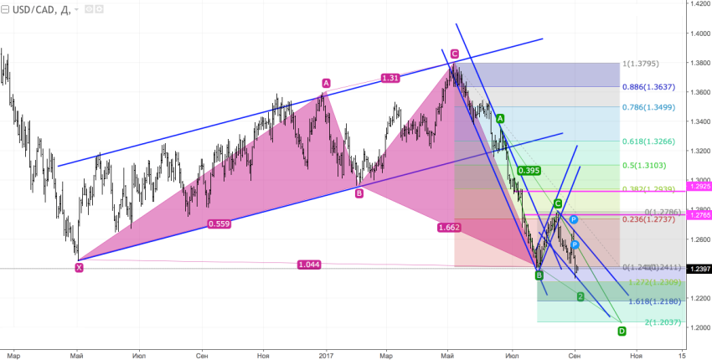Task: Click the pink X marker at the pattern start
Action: coord(79,268)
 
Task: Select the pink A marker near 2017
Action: coord(326,83)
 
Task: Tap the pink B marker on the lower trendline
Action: coord(359,193)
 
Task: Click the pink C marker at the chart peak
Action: coord(454,54)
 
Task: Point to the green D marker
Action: coord(622,332)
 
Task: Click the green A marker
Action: coord(500,119)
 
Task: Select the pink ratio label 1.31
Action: coord(390,78)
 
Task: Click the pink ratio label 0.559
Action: coord(219,224)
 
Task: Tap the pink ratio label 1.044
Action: coord(309,265)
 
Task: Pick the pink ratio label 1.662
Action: coord(448,227)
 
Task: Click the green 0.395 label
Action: coord(529,171)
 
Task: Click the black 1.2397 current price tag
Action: coord(698,269)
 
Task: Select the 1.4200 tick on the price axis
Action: coord(697,5)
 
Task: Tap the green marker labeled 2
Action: coord(580,297)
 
